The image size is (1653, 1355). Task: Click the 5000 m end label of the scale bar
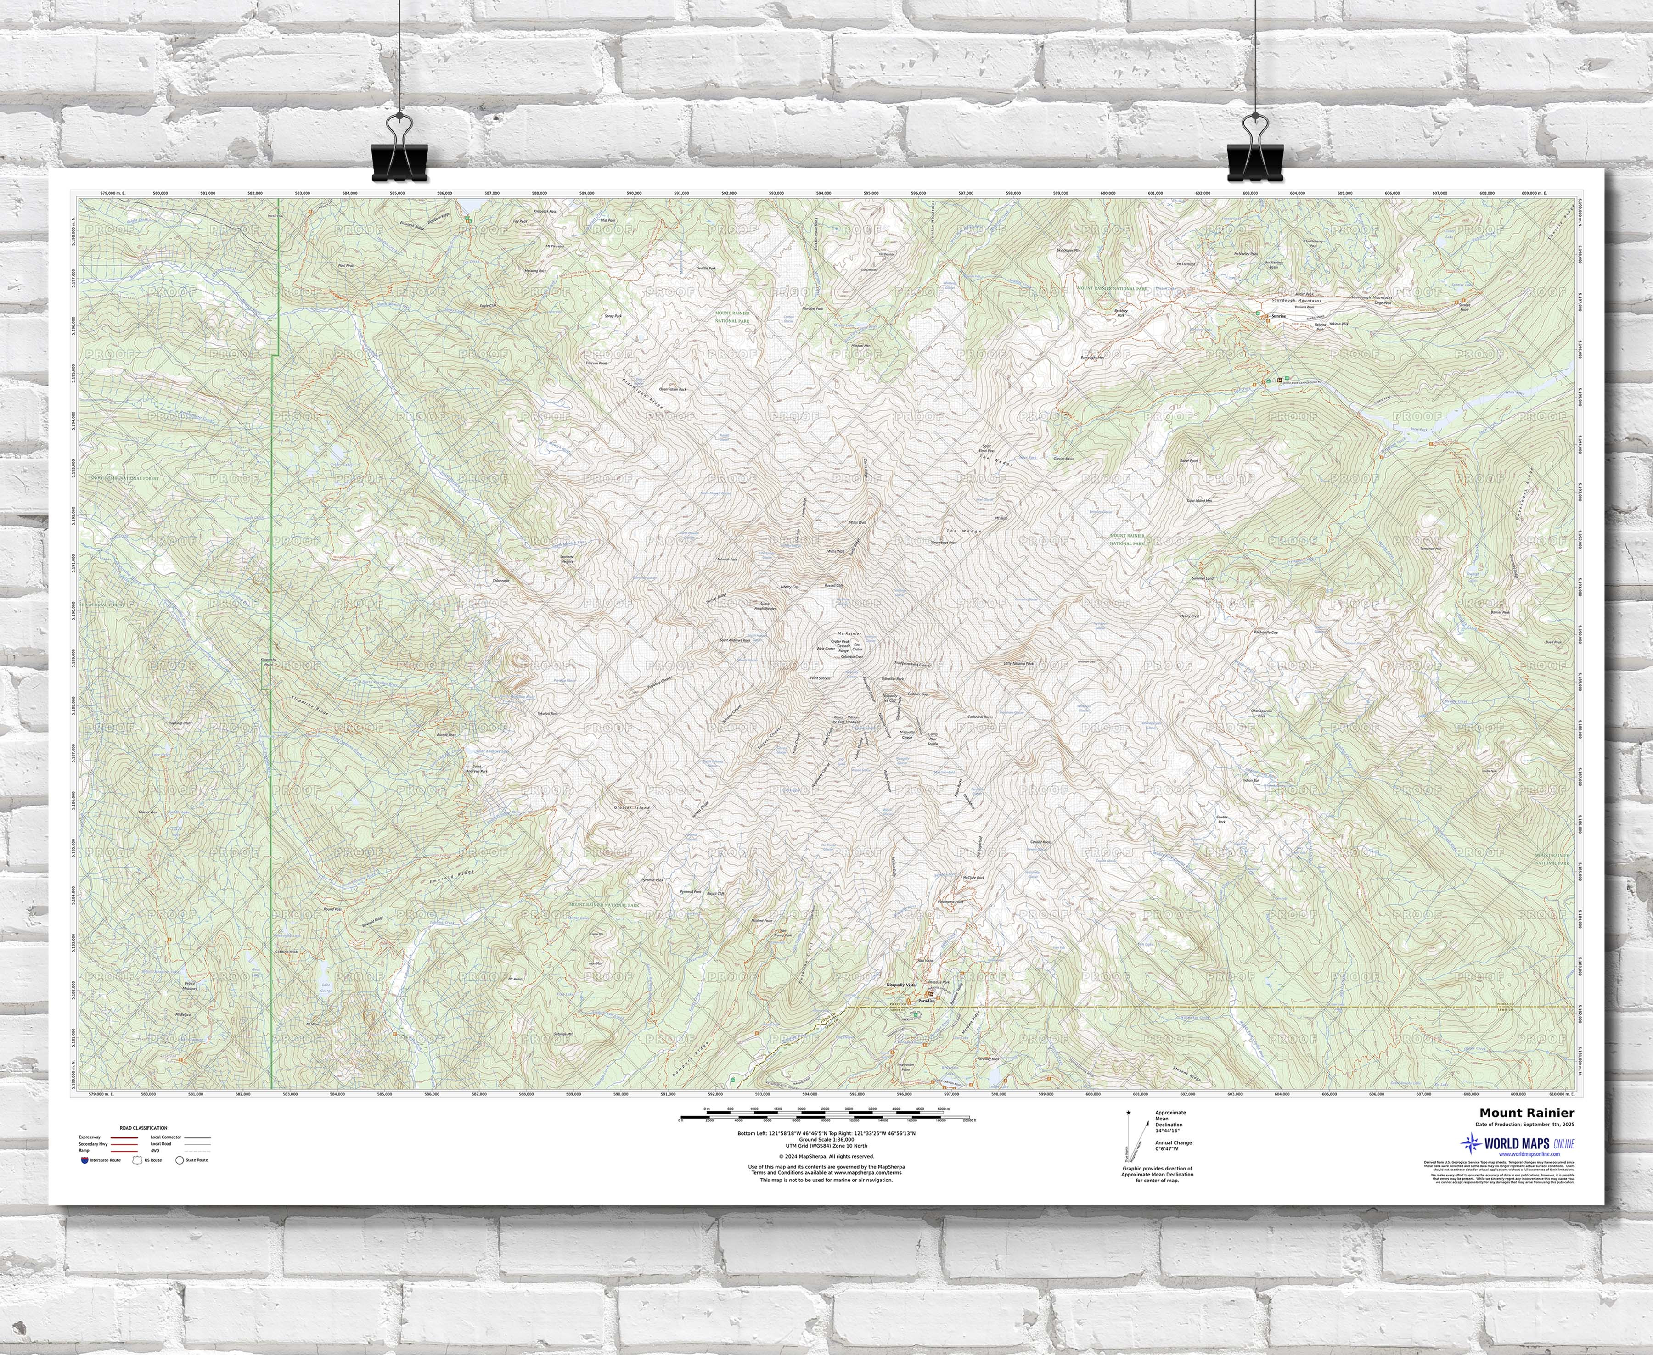click(x=943, y=1109)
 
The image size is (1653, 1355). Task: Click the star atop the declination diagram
click(x=1128, y=1111)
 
